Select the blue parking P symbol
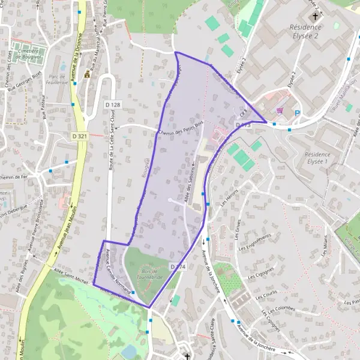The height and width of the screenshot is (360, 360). [297, 112]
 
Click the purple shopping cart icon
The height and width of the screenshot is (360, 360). [279, 110]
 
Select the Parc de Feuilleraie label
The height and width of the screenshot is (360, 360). [57, 80]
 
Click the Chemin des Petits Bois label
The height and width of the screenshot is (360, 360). [176, 129]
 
